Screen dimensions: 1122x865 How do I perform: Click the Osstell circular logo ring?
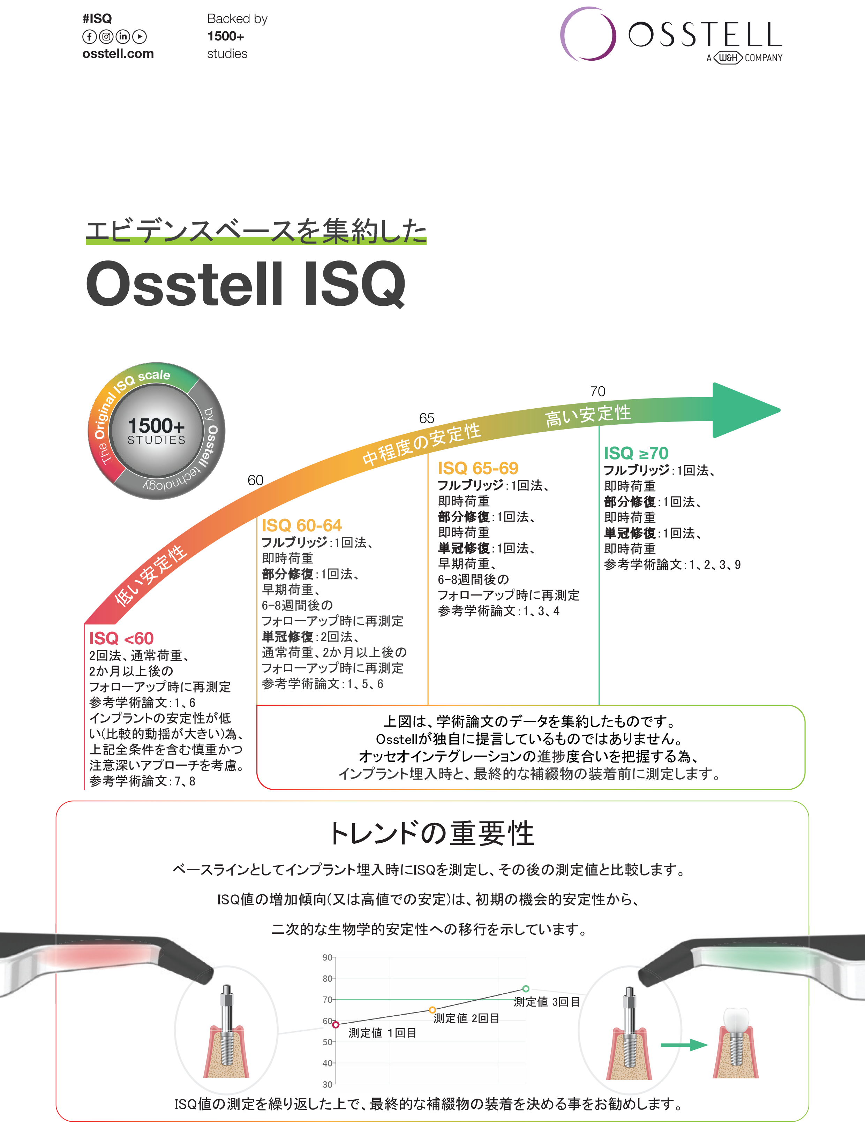pos(587,35)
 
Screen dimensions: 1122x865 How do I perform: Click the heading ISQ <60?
pos(121,638)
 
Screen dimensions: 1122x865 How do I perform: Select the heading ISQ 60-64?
pos(301,525)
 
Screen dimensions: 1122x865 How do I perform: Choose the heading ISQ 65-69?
pos(478,468)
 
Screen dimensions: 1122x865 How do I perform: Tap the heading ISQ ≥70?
pos(636,453)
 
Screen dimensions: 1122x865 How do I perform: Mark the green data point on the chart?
pos(526,988)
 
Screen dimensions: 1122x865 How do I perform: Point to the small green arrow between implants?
pos(684,1045)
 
